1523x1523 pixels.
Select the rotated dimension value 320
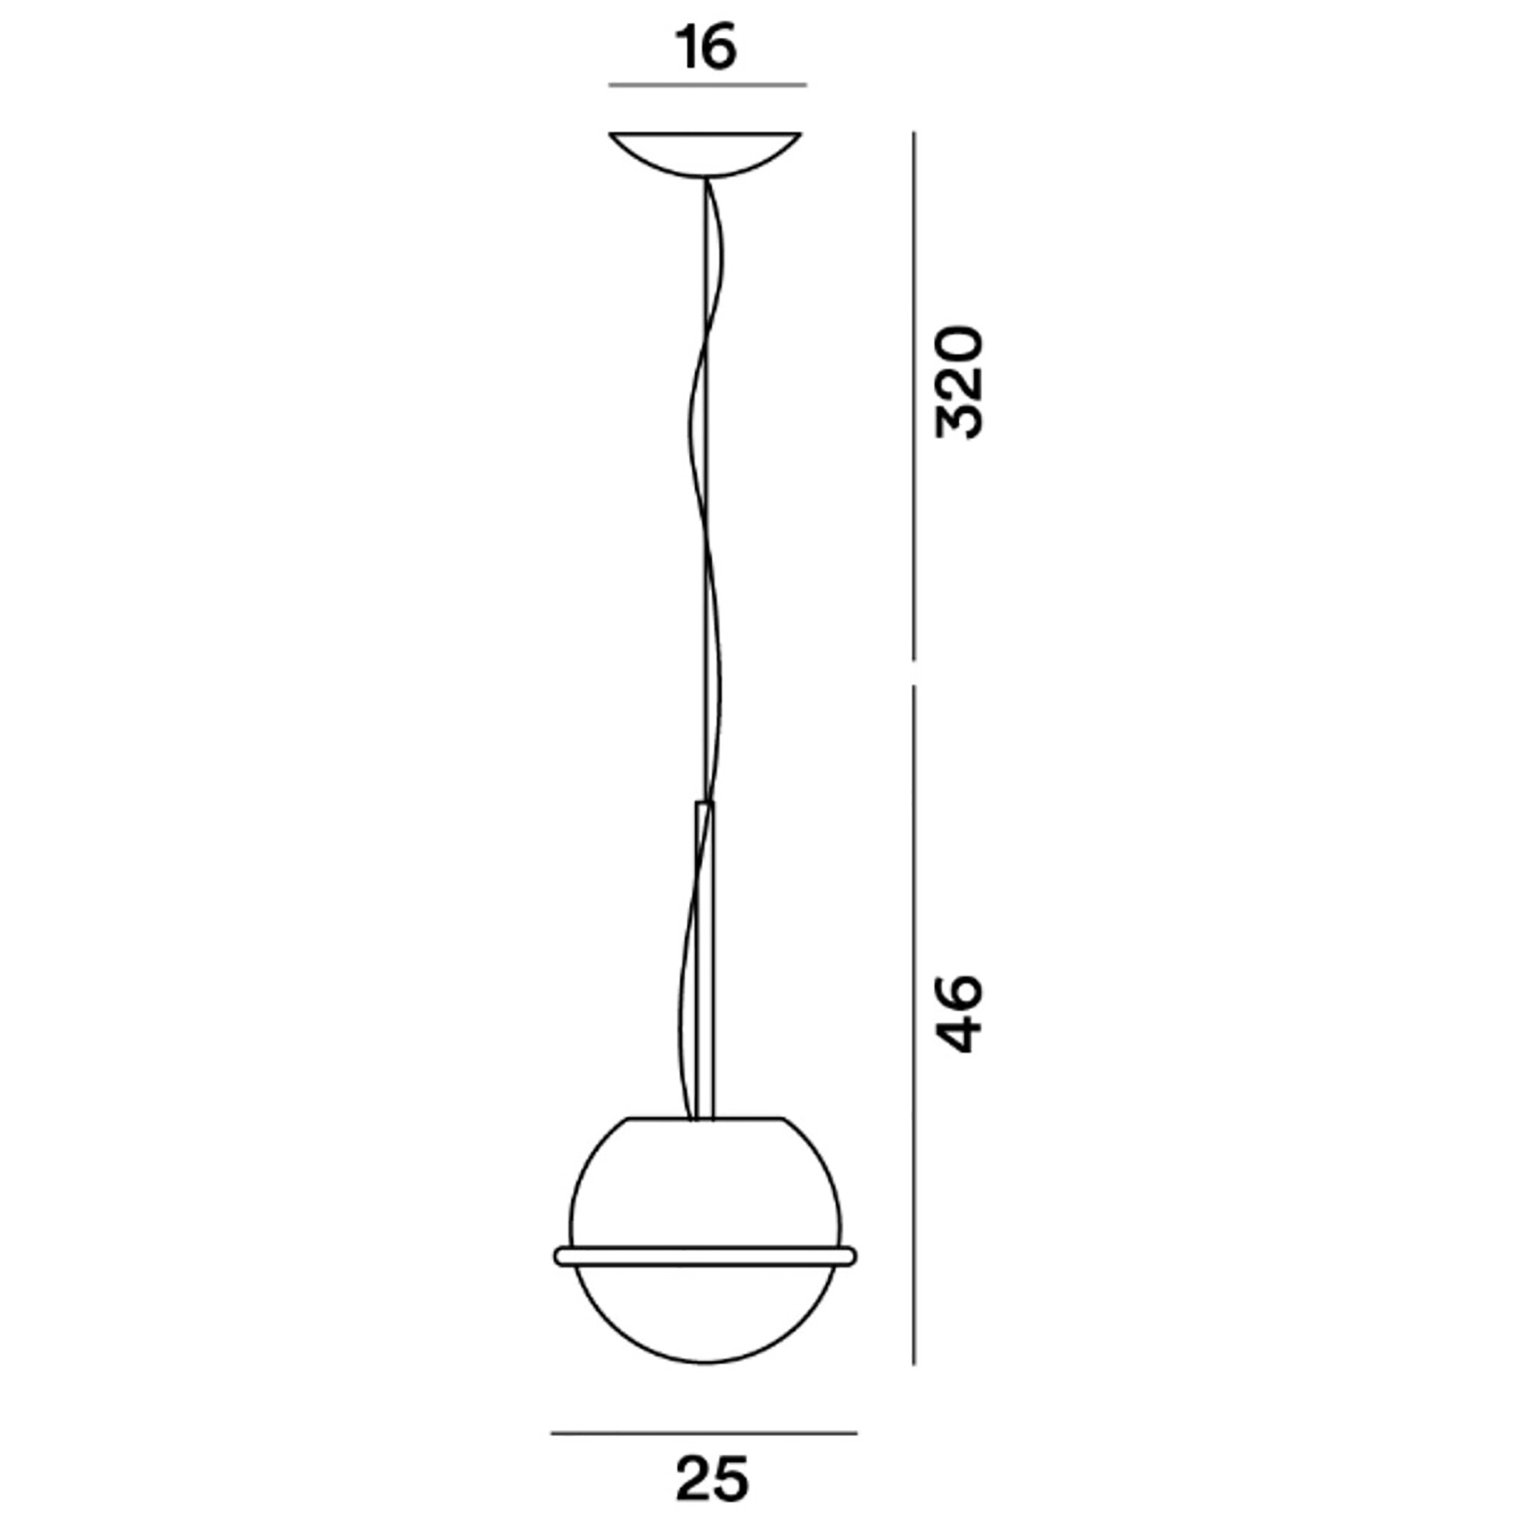coord(959,382)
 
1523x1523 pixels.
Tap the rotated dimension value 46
coord(959,1014)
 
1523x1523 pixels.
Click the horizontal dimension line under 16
coord(707,85)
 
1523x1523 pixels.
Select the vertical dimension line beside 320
coord(914,394)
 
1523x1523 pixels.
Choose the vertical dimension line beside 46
coord(914,1025)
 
